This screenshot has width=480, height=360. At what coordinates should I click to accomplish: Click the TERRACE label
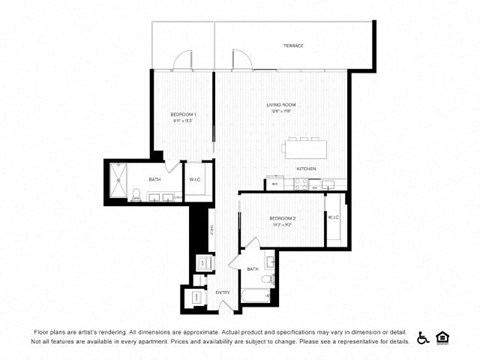293,46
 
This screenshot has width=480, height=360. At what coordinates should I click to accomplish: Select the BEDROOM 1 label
183,114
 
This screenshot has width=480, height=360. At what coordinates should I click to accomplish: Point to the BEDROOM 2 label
284,218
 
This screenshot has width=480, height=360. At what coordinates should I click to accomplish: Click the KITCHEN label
306,169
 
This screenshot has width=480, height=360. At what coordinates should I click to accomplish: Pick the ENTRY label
223,292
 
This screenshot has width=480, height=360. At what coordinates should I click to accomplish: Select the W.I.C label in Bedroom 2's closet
333,217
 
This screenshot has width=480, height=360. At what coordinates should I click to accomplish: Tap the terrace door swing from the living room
240,62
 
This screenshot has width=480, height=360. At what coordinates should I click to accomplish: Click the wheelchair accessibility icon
423,337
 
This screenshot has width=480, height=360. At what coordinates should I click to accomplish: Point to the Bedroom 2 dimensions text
284,225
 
